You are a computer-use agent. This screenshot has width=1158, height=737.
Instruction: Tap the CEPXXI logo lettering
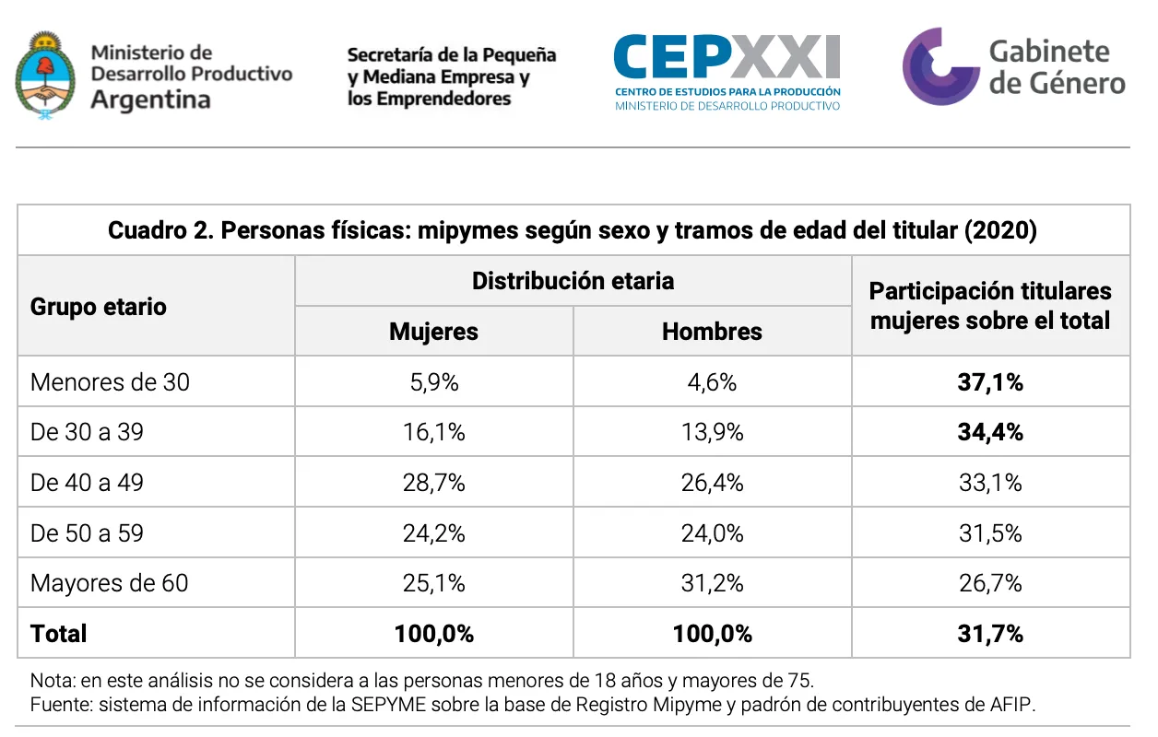(x=727, y=57)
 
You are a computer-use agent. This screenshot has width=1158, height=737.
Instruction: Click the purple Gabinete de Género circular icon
(x=939, y=66)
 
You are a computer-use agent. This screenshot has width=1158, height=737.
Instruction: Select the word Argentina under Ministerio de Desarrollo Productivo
(x=150, y=99)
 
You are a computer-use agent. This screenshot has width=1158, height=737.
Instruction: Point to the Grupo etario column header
(x=99, y=307)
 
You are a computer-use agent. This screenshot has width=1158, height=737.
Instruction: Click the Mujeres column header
(x=433, y=332)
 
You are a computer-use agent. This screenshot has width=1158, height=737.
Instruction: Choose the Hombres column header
(x=712, y=332)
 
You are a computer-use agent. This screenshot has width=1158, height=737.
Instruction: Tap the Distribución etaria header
(x=573, y=281)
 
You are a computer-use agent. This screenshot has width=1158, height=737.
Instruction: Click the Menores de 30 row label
(x=110, y=382)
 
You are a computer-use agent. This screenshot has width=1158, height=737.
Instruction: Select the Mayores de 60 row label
(x=109, y=583)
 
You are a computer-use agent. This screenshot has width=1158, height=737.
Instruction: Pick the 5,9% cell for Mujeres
(x=433, y=382)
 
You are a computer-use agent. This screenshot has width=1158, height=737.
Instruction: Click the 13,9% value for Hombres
(x=712, y=432)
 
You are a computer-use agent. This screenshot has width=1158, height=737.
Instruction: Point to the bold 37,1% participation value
(x=990, y=382)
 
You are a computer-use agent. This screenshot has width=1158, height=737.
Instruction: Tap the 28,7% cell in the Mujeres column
(x=433, y=483)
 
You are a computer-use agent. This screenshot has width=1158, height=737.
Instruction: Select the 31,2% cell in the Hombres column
(x=712, y=583)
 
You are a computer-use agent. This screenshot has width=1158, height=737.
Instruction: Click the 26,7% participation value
(x=990, y=583)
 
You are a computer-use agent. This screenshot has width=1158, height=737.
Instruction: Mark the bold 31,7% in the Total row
(x=990, y=634)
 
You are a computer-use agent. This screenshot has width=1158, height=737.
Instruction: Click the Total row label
(x=59, y=634)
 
